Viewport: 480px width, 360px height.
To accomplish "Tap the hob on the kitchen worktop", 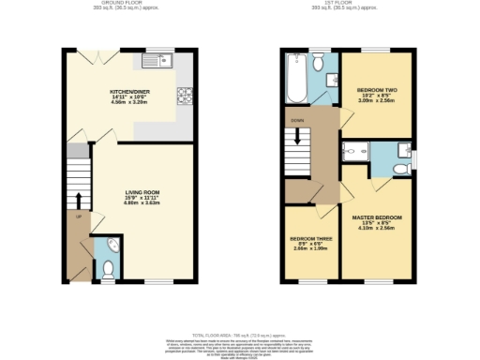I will click(x=183, y=94).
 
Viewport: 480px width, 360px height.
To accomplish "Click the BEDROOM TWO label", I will click(x=378, y=90).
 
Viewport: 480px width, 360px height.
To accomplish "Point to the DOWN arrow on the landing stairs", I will click(x=298, y=134).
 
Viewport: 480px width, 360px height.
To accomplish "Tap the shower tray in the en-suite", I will click(x=355, y=151).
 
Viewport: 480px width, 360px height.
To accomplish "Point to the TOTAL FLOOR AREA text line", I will click(x=240, y=333).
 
